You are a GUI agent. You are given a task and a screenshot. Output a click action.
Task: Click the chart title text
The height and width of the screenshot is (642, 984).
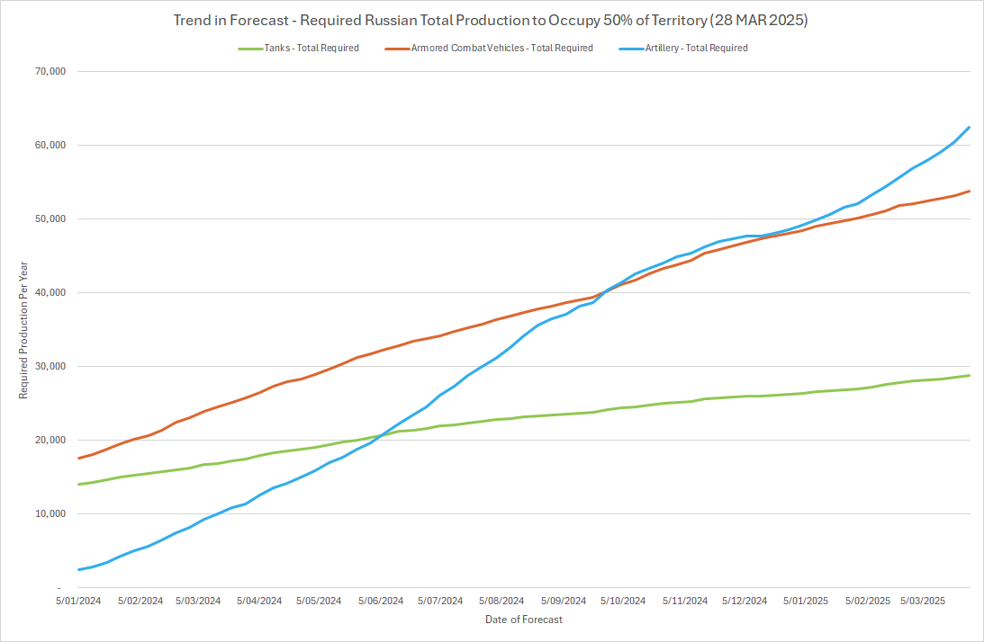point(491,20)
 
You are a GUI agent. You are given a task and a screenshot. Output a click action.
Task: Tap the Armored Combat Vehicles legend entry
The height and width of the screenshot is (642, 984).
point(501,49)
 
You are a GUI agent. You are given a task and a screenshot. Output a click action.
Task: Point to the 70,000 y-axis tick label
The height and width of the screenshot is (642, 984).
point(50,71)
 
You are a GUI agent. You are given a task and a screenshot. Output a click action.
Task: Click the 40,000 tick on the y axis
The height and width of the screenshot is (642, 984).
point(50,292)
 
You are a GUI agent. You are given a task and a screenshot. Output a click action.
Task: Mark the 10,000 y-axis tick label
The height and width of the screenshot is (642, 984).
point(50,513)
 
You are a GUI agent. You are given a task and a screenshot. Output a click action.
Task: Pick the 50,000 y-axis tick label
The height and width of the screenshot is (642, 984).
point(50,218)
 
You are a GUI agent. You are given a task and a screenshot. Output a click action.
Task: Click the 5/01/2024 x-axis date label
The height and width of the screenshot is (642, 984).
point(79,601)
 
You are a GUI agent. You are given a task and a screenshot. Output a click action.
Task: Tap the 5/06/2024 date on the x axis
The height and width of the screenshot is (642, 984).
point(381,601)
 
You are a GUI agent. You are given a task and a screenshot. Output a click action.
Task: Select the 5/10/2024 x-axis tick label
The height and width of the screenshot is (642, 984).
point(623,601)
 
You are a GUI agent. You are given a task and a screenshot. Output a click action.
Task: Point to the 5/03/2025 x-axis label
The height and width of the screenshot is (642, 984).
point(924,601)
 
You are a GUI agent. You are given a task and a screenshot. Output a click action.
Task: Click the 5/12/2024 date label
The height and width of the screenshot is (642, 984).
point(744,601)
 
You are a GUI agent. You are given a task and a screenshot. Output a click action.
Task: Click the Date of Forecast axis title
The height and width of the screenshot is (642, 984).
point(524,620)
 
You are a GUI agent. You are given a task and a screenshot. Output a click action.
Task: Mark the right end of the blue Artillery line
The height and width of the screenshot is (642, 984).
point(969,127)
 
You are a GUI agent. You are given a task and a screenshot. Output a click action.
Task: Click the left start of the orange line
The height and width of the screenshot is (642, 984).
point(79,459)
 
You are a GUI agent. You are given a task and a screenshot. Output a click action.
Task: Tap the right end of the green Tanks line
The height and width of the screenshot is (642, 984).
point(969,375)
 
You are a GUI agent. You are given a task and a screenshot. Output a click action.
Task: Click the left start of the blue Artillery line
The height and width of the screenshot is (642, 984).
point(79,569)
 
